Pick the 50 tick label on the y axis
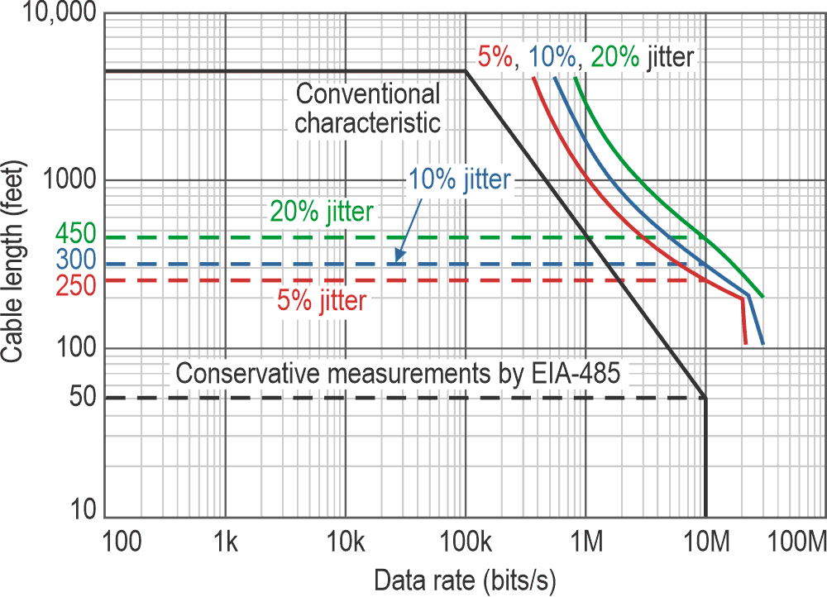pos(84,398)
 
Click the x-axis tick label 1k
pos(225,542)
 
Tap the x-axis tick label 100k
pos(466,542)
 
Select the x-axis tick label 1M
pos(586,542)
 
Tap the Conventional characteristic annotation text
pos(368,108)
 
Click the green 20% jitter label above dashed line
pos(323,212)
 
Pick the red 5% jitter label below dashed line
pos(322,301)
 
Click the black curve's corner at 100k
pos(466,72)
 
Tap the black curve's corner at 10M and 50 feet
pos(705,398)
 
